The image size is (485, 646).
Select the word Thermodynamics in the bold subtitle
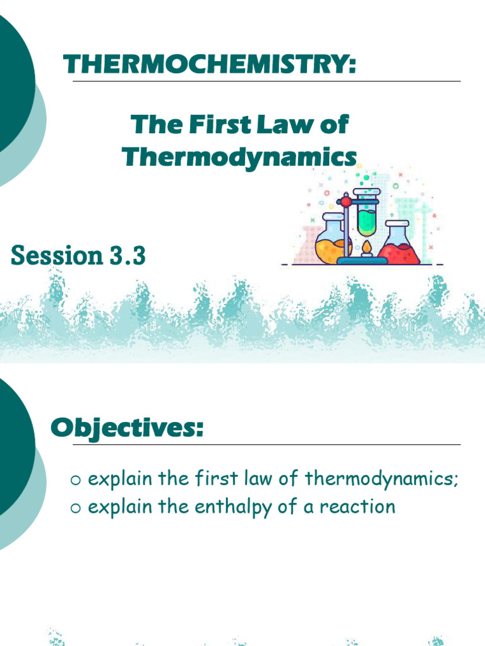click(x=239, y=156)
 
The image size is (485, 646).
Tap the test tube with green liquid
click(x=366, y=212)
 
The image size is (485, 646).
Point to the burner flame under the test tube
click(x=366, y=247)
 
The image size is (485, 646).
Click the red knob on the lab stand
click(x=345, y=202)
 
